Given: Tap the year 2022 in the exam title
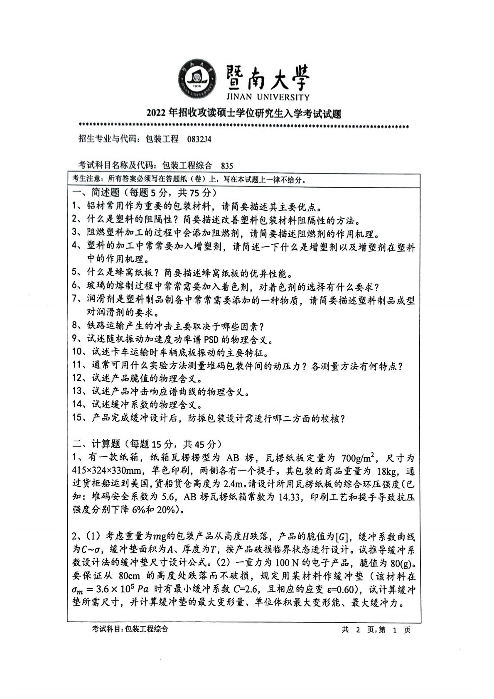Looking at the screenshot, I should click(x=156, y=113).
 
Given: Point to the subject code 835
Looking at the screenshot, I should click(x=227, y=165).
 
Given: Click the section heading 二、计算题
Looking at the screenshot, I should click(x=96, y=444).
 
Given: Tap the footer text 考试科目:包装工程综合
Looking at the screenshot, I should click(x=130, y=629).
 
